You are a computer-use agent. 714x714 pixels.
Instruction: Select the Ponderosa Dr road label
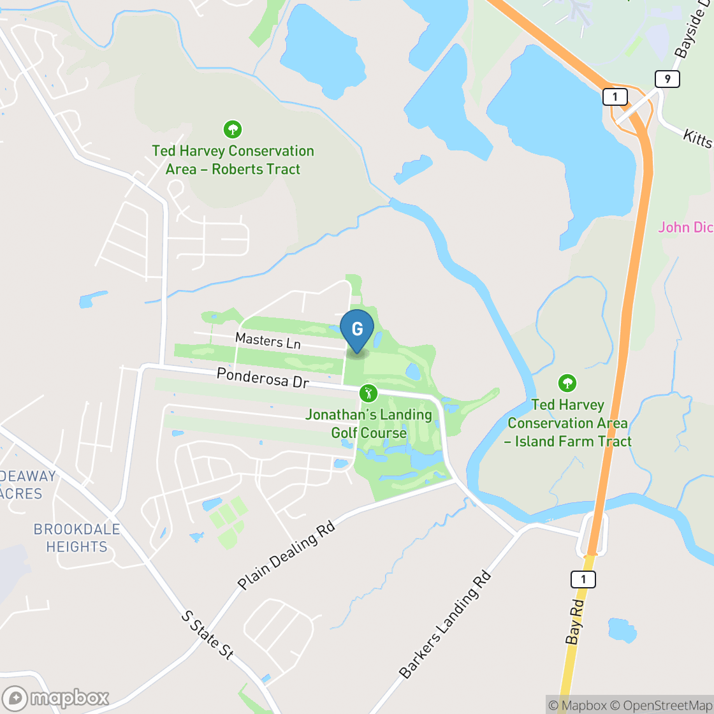pos(263,377)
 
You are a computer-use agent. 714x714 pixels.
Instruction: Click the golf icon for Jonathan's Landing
pos(367,392)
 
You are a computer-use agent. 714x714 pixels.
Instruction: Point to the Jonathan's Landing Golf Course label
pos(368,424)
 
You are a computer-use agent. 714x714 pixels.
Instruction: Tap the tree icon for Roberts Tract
pos(233,130)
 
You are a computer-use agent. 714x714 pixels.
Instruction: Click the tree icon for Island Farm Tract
pos(567,383)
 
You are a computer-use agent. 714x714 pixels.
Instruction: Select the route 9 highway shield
pos(667,79)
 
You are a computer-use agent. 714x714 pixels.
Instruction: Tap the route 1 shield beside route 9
pos(615,97)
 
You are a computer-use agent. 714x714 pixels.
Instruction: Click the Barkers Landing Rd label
pos(446,624)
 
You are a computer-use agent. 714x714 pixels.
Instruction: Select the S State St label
pos(208,634)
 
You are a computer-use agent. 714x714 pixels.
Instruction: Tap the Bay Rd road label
pos(574,622)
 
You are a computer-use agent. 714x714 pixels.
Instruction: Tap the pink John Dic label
pos(685,227)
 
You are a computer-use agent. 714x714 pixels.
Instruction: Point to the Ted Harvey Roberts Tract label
pos(233,160)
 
